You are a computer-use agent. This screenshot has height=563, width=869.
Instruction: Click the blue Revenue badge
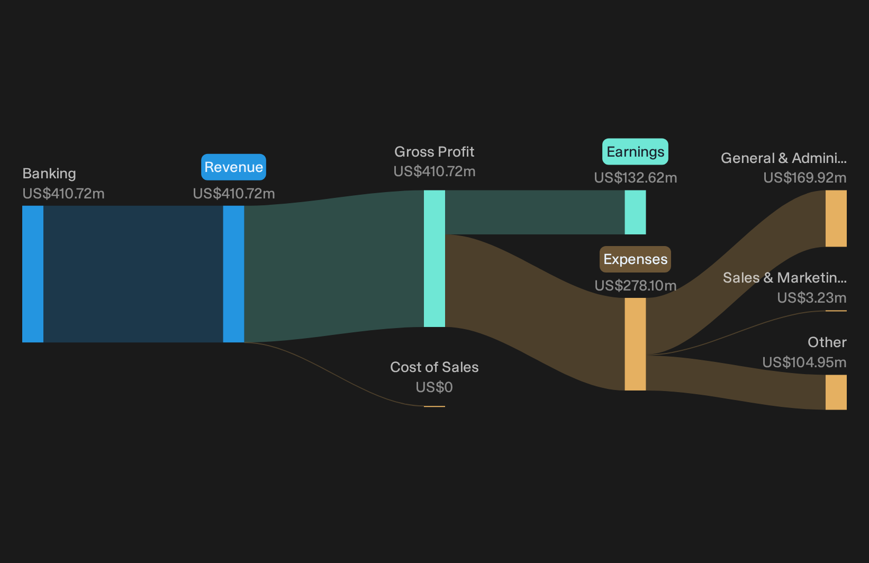(x=233, y=167)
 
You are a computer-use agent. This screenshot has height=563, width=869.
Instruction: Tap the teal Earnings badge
(x=635, y=152)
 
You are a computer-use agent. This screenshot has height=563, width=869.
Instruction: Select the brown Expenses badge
(x=635, y=259)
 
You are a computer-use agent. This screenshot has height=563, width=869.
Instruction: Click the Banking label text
(x=49, y=174)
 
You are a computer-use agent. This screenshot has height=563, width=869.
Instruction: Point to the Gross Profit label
(x=434, y=152)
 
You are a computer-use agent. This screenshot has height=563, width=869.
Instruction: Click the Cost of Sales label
(x=434, y=367)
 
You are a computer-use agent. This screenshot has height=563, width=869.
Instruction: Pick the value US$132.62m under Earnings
(x=636, y=178)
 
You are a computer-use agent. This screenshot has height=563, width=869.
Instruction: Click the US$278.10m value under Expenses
(x=636, y=286)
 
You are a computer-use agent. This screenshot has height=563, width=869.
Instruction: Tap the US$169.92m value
(x=805, y=178)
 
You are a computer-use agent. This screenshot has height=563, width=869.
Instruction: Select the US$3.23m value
(x=812, y=298)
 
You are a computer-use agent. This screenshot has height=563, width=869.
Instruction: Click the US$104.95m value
(x=804, y=362)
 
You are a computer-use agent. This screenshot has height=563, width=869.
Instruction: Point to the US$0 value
(x=434, y=387)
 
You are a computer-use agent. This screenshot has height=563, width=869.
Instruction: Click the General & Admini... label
(x=784, y=158)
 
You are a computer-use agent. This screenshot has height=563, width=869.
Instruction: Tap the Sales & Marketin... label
(x=785, y=278)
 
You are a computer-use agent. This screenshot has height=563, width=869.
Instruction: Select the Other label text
(x=827, y=342)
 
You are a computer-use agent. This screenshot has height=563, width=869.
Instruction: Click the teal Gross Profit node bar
(x=434, y=258)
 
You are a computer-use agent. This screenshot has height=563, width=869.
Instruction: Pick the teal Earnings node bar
(x=635, y=212)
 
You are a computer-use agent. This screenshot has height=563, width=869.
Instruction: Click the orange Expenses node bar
(x=635, y=344)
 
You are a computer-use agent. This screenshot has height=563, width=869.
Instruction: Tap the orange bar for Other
(x=836, y=392)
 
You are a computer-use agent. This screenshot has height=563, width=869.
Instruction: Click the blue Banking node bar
(x=33, y=274)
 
